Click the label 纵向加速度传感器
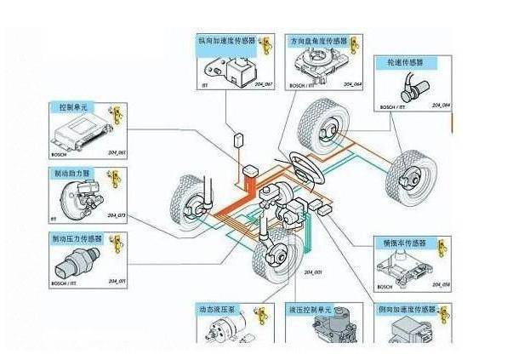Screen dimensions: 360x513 pos(226,39)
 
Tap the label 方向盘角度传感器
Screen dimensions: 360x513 pos(319,39)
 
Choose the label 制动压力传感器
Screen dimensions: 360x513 pos(79,239)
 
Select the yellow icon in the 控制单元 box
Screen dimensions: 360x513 pos(117,113)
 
